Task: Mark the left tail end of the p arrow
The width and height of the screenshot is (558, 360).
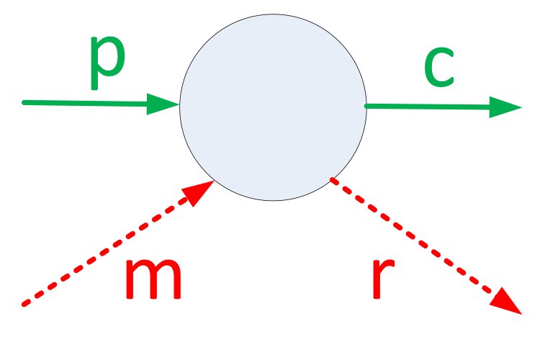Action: pos(24,102)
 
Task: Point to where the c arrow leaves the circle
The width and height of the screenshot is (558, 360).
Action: pos(366,107)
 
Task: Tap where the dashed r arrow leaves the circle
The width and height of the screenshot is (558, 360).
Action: pos(330,179)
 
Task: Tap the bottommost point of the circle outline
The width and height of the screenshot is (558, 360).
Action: pos(273,201)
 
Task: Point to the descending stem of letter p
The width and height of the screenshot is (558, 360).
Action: pos(94,76)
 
